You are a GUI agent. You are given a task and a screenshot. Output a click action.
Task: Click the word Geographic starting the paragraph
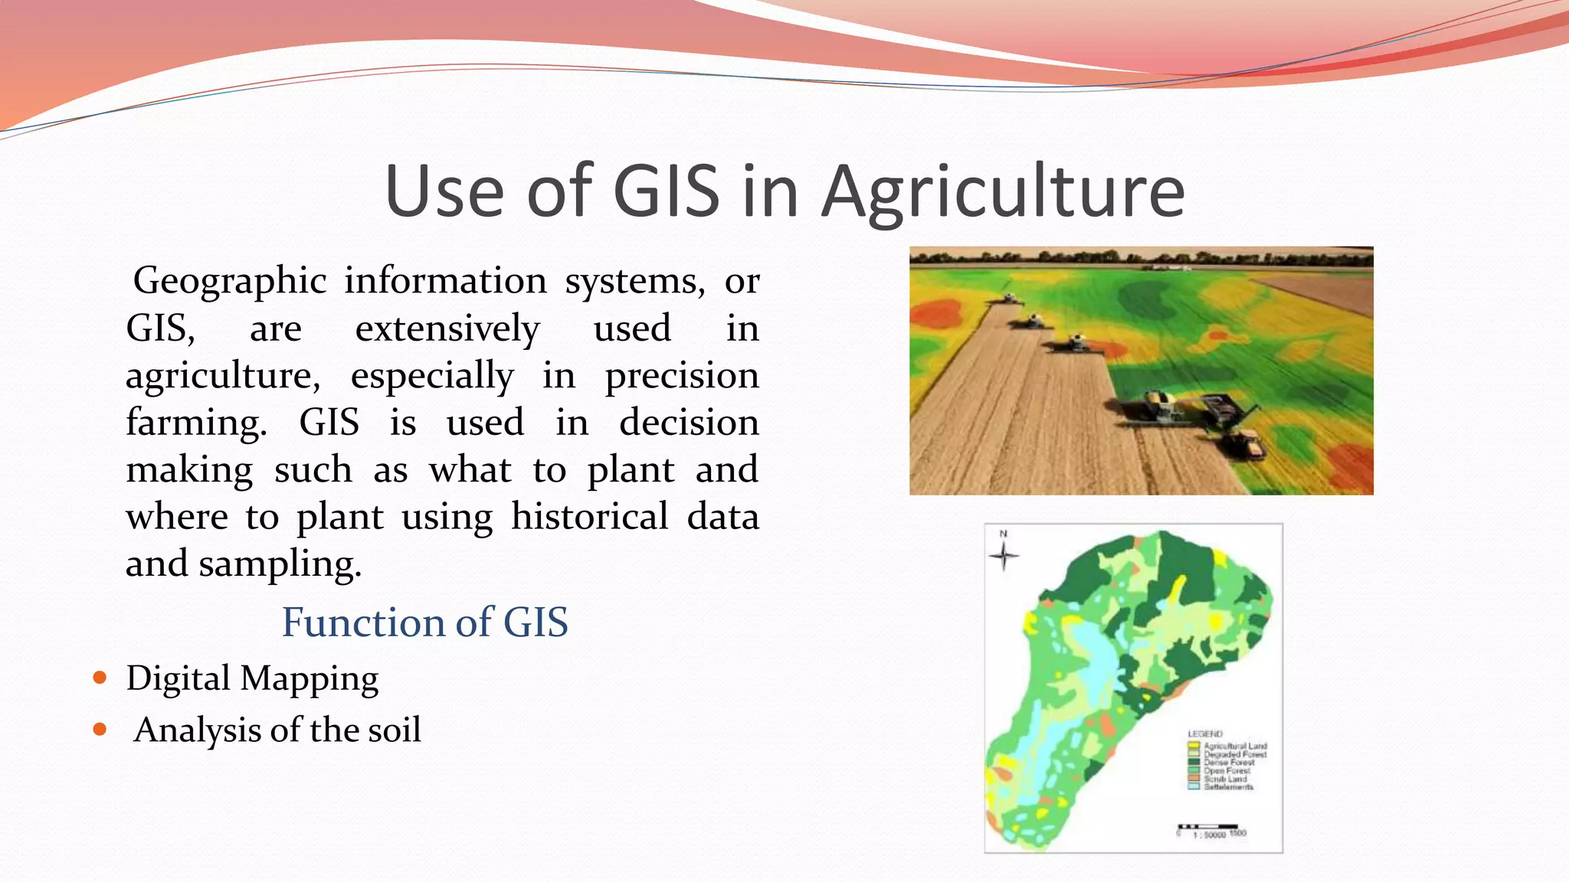pyautogui.click(x=230, y=281)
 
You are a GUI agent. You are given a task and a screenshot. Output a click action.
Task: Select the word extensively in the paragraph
pyautogui.click(x=447, y=328)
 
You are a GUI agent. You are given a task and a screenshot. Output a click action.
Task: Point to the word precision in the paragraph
pyautogui.click(x=682, y=376)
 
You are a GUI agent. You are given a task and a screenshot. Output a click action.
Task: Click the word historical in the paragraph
pyautogui.click(x=590, y=517)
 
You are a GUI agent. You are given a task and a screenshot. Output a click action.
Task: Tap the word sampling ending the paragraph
pyautogui.click(x=280, y=565)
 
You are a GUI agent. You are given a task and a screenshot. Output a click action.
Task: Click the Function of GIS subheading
pyautogui.click(x=425, y=622)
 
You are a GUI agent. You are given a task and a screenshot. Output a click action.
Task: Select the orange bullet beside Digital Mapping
pyautogui.click(x=100, y=678)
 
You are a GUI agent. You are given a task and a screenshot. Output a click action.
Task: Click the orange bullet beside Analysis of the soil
pyautogui.click(x=100, y=730)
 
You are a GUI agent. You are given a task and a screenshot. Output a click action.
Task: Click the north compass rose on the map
pyautogui.click(x=1004, y=555)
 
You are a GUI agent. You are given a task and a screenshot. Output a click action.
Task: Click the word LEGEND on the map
pyautogui.click(x=1205, y=733)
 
